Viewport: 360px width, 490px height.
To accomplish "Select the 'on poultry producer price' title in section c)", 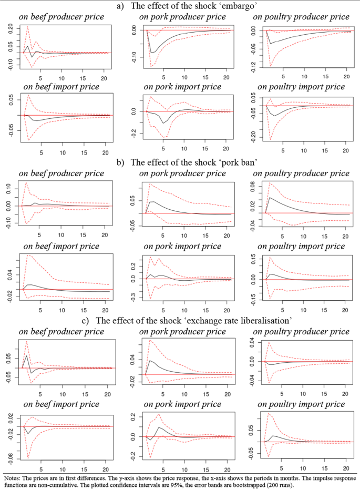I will click(301, 331).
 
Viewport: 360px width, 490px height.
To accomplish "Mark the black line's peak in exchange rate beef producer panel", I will click(27, 356).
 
